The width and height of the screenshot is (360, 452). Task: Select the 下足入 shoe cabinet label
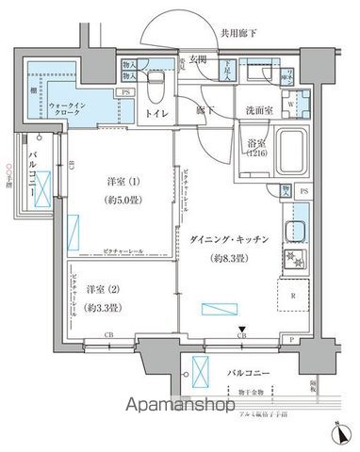pyautogui.click(x=227, y=69)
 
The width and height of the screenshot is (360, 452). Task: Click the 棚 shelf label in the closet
pyautogui.click(x=33, y=90)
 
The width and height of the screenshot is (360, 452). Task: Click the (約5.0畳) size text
pyautogui.click(x=120, y=201)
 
